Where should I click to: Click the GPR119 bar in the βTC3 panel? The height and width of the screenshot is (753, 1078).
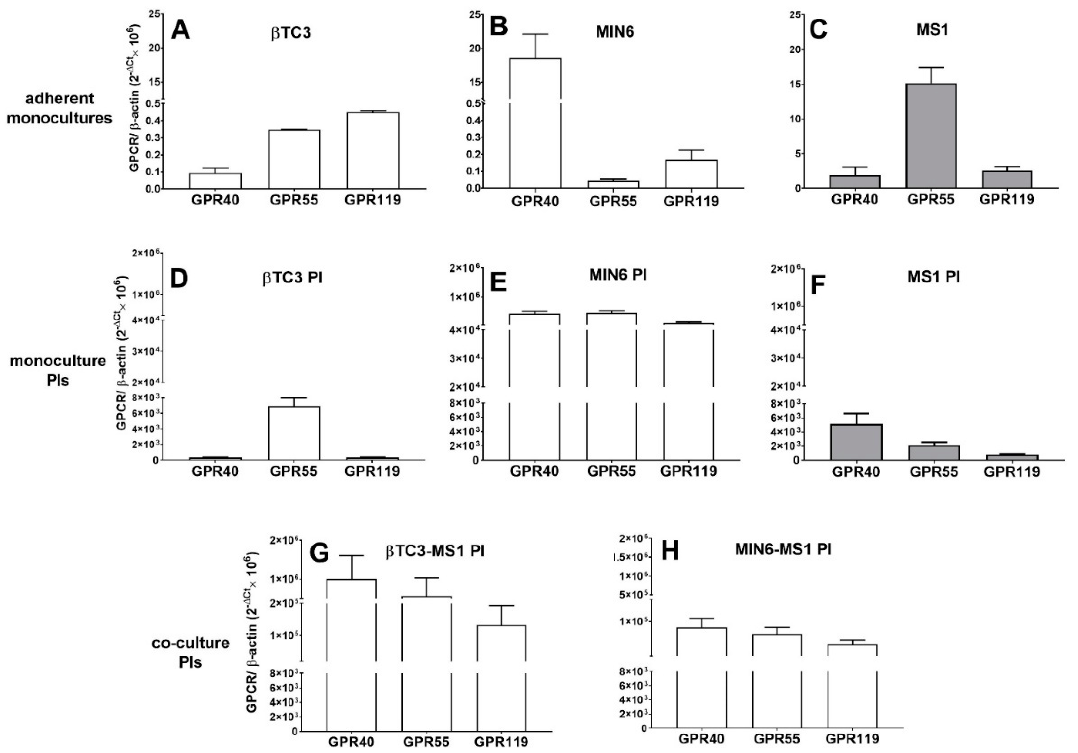[x=373, y=150]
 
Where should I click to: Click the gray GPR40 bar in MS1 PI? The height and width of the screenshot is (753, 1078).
[x=856, y=442]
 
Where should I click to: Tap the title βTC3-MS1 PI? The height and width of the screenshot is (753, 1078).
[x=435, y=551]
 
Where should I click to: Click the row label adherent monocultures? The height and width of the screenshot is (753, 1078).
[x=59, y=108]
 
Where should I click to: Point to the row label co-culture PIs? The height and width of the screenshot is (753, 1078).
[x=191, y=652]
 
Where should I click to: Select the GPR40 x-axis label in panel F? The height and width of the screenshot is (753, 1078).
[x=856, y=471]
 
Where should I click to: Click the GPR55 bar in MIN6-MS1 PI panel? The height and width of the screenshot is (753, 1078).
[x=777, y=681]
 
